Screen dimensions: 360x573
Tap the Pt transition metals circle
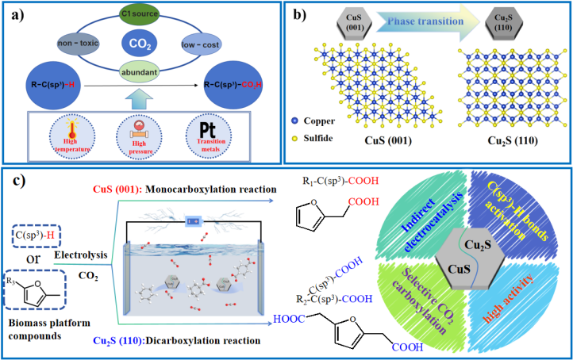pos(202,125)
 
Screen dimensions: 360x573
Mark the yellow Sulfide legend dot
pos(295,138)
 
